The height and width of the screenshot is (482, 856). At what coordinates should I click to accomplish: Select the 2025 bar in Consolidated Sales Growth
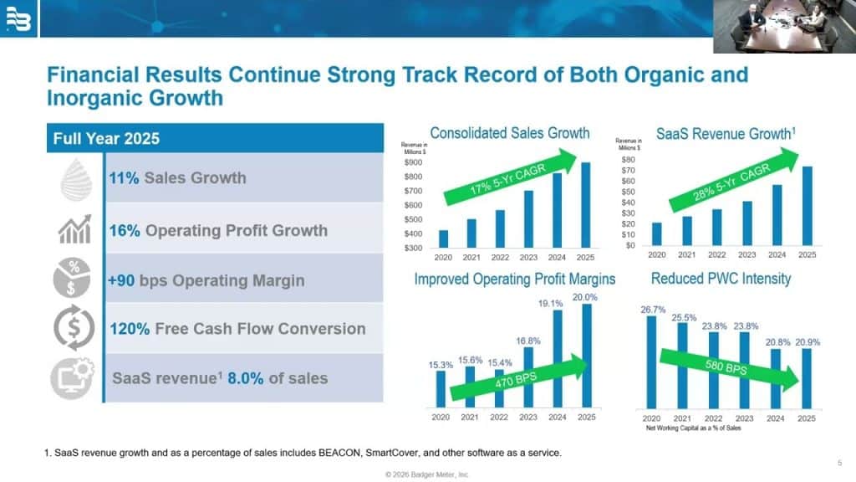coord(585,205)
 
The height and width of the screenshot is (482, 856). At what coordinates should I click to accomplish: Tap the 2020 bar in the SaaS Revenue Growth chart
coord(656,234)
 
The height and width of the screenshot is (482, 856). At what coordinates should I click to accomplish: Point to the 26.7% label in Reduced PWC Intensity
coord(653,310)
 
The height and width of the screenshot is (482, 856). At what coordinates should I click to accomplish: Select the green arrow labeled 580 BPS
coord(728,368)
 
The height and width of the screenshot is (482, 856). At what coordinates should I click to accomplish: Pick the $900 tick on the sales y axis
coord(413,162)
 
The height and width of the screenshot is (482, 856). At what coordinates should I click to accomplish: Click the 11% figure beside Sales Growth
coord(124,177)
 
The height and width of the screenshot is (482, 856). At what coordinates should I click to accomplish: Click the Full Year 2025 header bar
coord(213,138)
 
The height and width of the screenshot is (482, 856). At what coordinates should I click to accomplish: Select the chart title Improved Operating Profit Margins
coord(514,279)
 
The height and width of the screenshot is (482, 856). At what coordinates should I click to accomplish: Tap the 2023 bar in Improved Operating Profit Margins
coord(528,377)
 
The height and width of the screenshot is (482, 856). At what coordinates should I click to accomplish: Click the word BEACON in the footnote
coord(356,454)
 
